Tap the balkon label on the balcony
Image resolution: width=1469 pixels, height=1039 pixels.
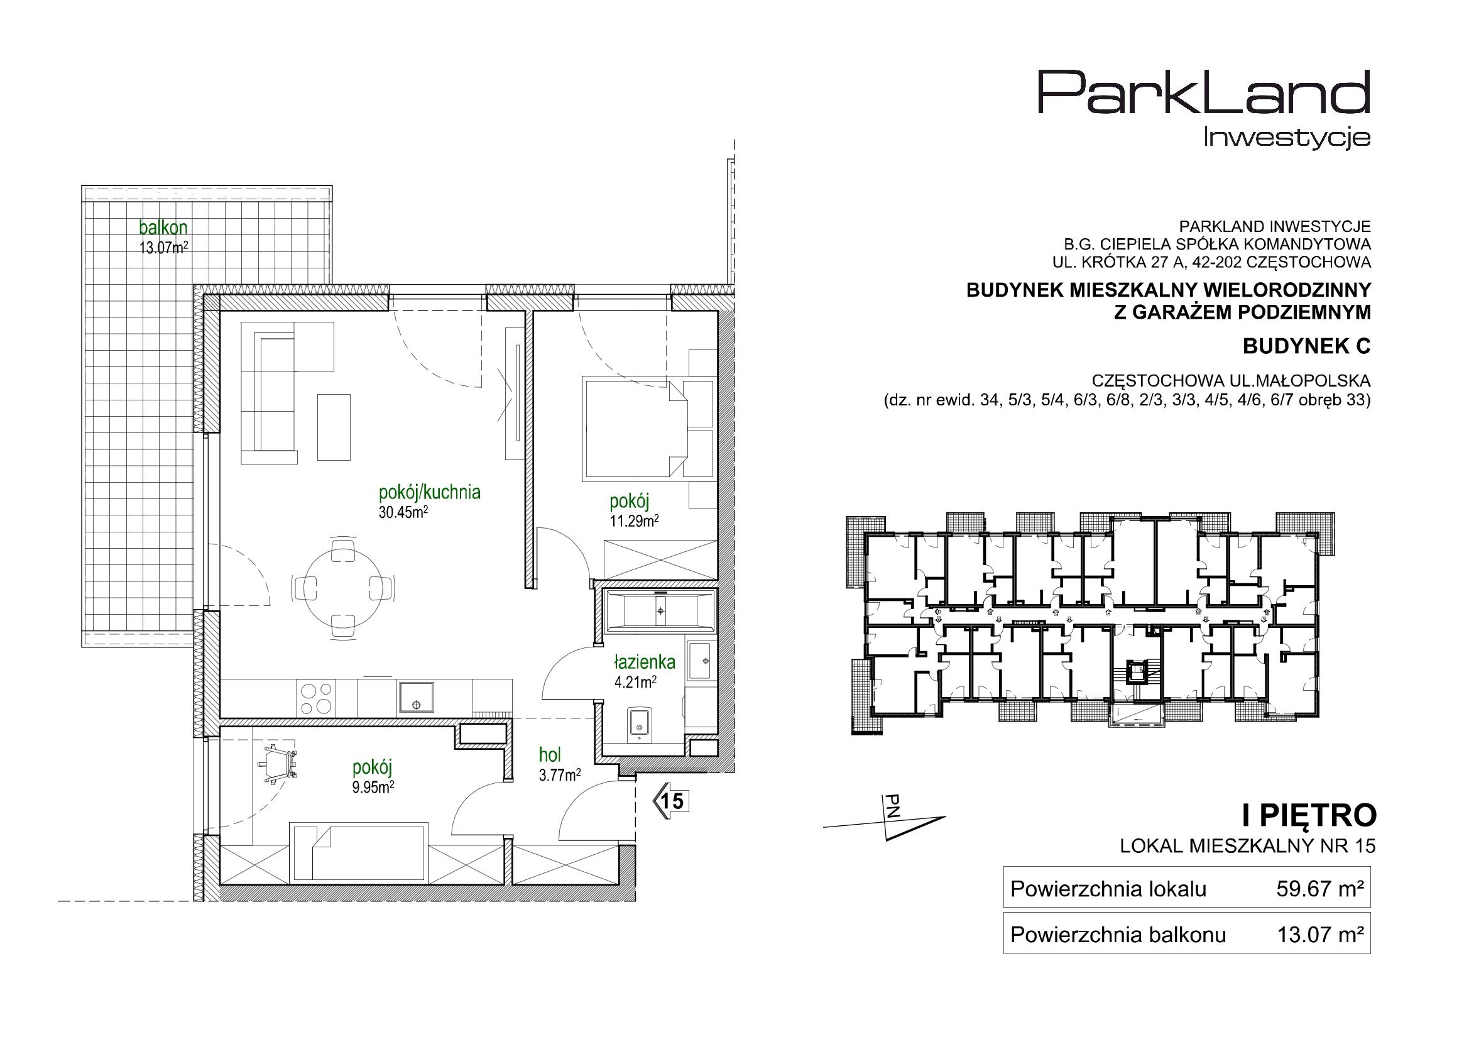coord(164,227)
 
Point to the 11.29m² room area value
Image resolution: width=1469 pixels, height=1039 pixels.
coord(634,520)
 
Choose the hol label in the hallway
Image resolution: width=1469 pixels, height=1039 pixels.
coord(550,756)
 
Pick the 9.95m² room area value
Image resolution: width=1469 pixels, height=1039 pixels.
coord(373,788)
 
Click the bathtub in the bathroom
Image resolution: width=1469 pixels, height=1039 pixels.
coord(660,609)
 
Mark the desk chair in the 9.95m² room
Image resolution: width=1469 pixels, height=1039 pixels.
coord(278,764)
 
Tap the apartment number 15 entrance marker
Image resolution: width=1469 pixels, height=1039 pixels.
coord(670,801)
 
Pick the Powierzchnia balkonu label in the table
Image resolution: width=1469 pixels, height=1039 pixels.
coord(1118,935)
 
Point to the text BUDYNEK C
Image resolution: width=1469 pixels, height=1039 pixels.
coord(1306,346)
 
